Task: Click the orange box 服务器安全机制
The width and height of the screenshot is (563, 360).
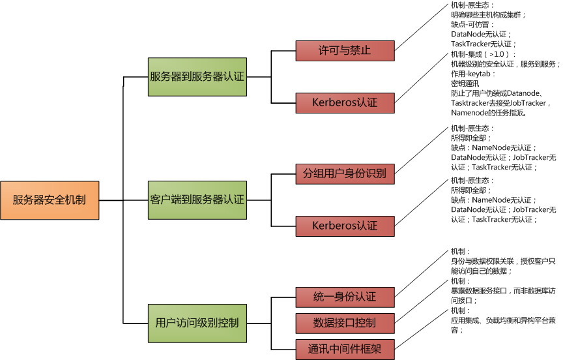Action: [50, 200]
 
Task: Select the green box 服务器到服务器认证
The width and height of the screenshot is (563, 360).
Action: [197, 76]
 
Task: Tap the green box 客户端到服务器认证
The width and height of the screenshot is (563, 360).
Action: [197, 200]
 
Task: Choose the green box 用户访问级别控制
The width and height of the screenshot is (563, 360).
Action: [197, 323]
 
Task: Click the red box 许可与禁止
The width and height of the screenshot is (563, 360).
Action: [345, 50]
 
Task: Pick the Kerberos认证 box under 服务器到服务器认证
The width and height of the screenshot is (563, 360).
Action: [345, 102]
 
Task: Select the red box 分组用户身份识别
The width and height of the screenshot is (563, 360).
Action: [345, 174]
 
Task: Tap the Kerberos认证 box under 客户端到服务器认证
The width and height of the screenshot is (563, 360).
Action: [345, 226]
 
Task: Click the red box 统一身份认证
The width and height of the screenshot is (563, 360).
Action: [345, 297]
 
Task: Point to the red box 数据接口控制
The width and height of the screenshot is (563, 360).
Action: [345, 323]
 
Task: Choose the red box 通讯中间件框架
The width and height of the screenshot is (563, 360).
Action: [345, 349]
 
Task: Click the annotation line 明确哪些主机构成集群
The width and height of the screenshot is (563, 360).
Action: [488, 14]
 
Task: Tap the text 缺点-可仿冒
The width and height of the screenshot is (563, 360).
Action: [472, 24]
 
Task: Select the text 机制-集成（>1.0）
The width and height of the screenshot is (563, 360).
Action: [483, 54]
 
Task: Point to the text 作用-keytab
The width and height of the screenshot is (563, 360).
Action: [473, 74]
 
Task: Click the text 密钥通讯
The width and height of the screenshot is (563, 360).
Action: [465, 83]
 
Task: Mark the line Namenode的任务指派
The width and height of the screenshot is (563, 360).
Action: [488, 113]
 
